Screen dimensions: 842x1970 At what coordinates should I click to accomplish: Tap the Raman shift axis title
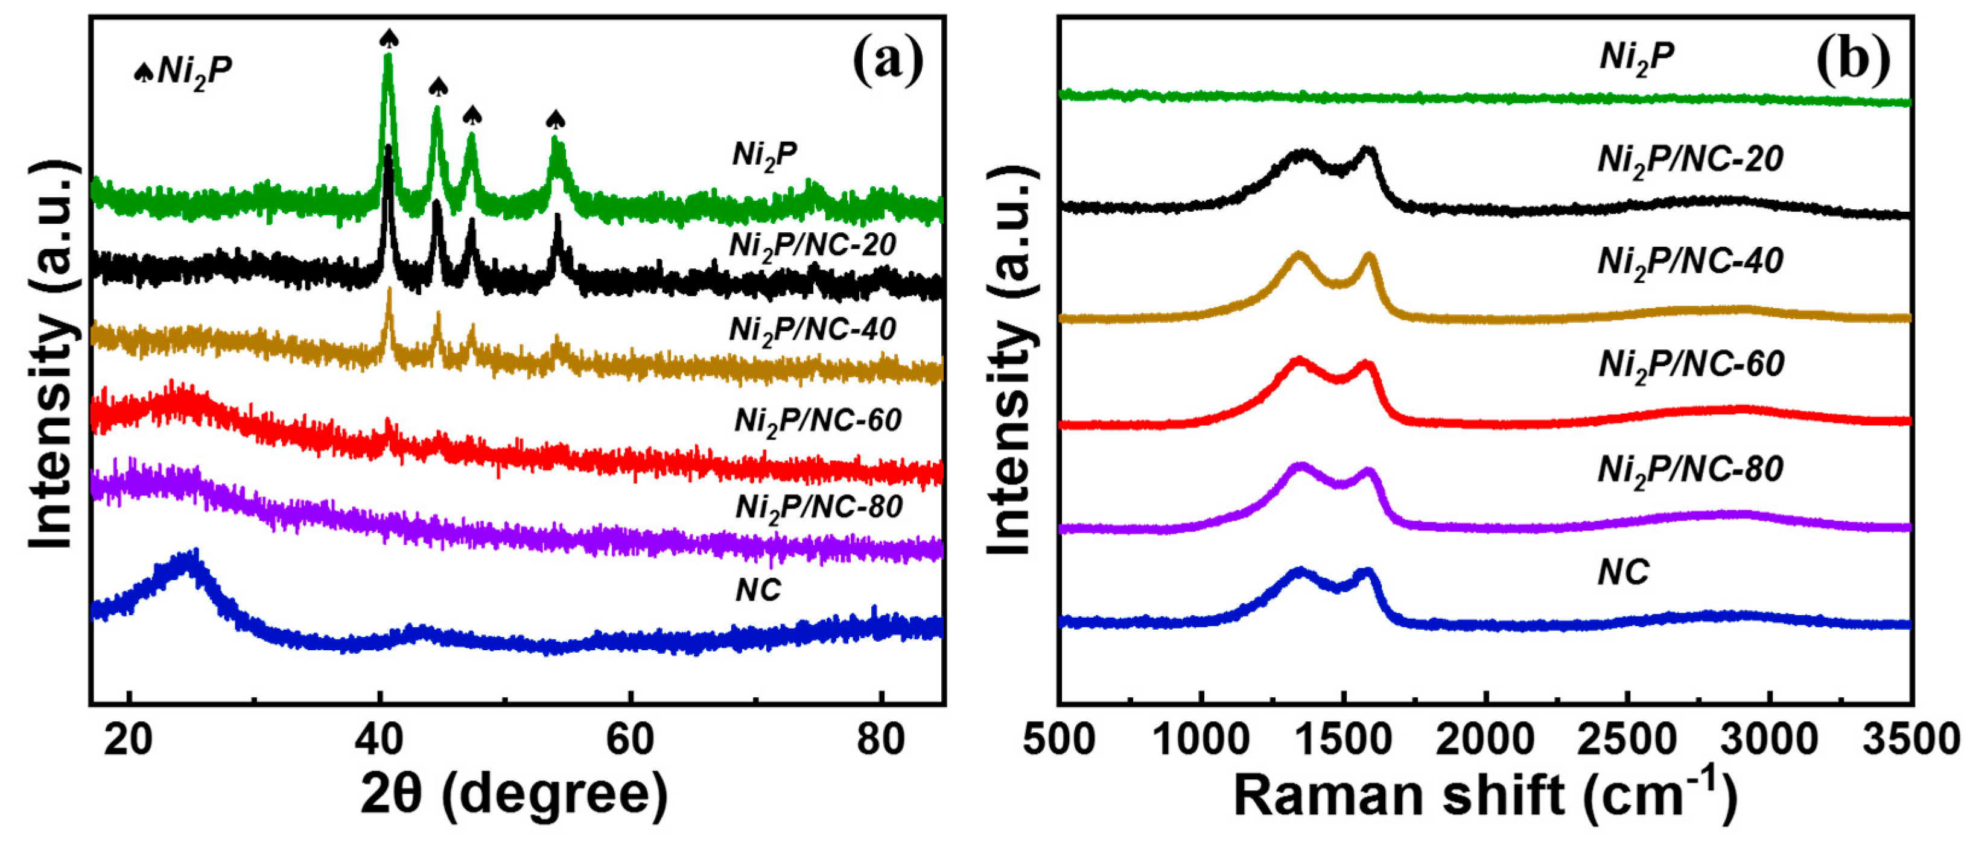1484,796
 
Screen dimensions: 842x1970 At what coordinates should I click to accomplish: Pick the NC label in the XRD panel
758,590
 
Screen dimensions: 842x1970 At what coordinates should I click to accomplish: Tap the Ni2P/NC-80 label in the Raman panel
1690,469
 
